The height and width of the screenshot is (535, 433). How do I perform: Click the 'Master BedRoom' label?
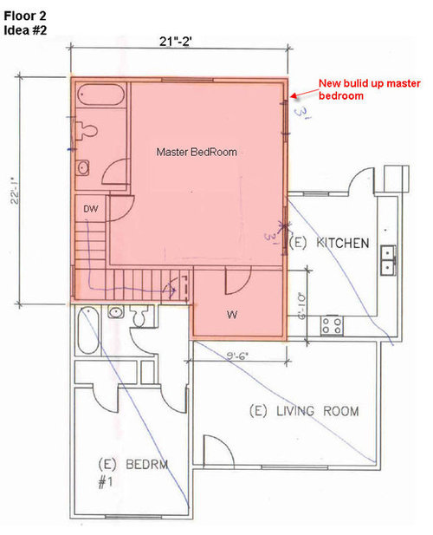196,152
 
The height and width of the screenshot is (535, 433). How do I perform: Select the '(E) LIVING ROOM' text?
303,410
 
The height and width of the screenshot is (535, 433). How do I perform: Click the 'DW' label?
90,209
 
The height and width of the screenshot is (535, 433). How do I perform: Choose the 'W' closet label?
232,312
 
